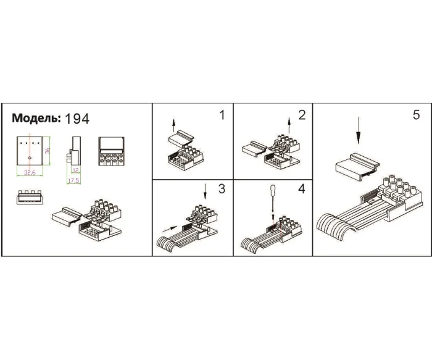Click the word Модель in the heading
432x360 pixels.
click(36, 119)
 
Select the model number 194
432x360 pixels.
click(77, 119)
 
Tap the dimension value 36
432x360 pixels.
click(48, 151)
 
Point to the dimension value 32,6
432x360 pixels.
click(30, 173)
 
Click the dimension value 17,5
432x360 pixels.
click(73, 181)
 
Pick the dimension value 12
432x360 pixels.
click(75, 170)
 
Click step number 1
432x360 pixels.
click(222, 115)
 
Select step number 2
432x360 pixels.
click(302, 115)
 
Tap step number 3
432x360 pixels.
click(222, 189)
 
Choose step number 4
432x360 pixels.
click(302, 189)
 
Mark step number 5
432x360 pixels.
click(416, 115)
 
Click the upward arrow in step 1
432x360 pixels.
click(173, 126)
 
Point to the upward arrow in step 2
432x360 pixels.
click(289, 125)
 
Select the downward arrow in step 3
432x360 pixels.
click(205, 191)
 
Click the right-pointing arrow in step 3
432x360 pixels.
click(170, 229)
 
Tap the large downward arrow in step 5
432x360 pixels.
click(358, 130)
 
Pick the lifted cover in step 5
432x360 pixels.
click(357, 167)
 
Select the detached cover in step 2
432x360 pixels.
click(254, 149)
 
